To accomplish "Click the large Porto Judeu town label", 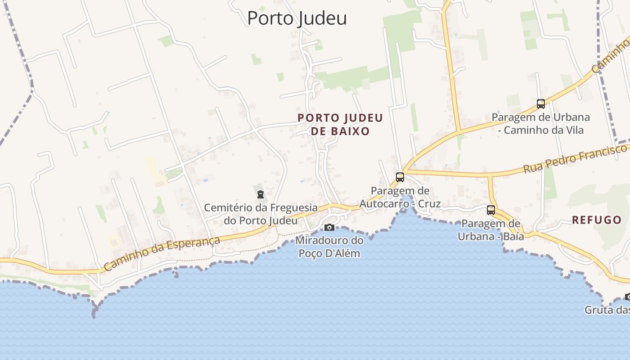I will pos(297,18).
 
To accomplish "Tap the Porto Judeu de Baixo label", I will pos(340,125).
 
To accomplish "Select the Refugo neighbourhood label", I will pos(596,220).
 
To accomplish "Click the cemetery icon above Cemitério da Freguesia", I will pos(260,194).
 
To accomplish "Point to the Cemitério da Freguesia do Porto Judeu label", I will pos(261,214).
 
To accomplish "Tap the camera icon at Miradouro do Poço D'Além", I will pos(329,227).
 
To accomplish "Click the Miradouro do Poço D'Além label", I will pos(329,247).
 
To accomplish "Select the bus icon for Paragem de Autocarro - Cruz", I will pos(400,177).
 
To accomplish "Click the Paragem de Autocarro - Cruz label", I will pos(400,198).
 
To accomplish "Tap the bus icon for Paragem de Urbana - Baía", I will pos(491,210).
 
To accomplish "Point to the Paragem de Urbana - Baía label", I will pos(491,229).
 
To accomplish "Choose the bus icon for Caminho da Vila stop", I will pos(541,104).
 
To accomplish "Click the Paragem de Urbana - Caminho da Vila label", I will pos(540,124).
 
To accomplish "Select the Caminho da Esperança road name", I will pos(162,253).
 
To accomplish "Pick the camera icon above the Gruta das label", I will pos(627,297).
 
